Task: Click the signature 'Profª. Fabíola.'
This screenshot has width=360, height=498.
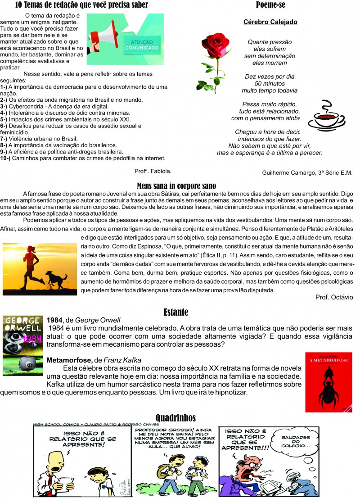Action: click(153, 171)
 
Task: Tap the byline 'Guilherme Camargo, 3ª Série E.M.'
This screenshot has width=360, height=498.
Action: click(307, 172)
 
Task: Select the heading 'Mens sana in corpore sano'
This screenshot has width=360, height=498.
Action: click(176, 186)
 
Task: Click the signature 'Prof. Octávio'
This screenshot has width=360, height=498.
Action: click(334, 297)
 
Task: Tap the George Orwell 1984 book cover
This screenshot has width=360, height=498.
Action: click(22, 345)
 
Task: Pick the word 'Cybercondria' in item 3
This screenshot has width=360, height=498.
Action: click(27, 106)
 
